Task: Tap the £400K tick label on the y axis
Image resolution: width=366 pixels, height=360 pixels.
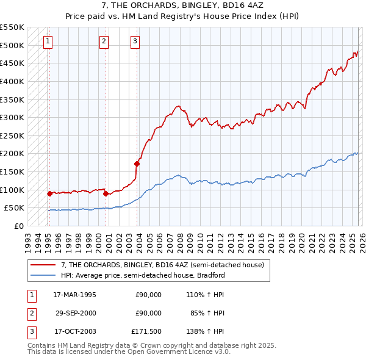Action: [x=12, y=81]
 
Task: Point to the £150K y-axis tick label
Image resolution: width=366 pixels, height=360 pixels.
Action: [x=12, y=171]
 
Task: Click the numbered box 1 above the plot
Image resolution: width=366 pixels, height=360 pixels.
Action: [x=48, y=41]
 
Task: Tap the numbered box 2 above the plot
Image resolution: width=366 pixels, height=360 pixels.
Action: [x=104, y=41]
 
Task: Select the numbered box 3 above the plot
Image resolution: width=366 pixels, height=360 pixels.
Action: [x=134, y=41]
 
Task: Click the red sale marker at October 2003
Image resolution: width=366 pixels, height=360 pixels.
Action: [x=137, y=164]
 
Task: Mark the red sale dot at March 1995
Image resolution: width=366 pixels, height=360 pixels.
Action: [x=49, y=193]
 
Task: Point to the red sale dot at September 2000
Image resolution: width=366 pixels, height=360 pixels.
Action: [x=106, y=193]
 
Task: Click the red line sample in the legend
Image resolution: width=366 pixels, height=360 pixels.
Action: [x=43, y=265]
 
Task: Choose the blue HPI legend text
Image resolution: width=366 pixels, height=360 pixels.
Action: [x=143, y=275]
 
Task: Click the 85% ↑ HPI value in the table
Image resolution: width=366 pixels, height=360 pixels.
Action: [x=207, y=313]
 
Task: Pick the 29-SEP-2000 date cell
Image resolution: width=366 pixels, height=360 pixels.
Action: [x=74, y=313]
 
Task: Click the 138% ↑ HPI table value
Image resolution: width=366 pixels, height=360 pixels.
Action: [x=204, y=331]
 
